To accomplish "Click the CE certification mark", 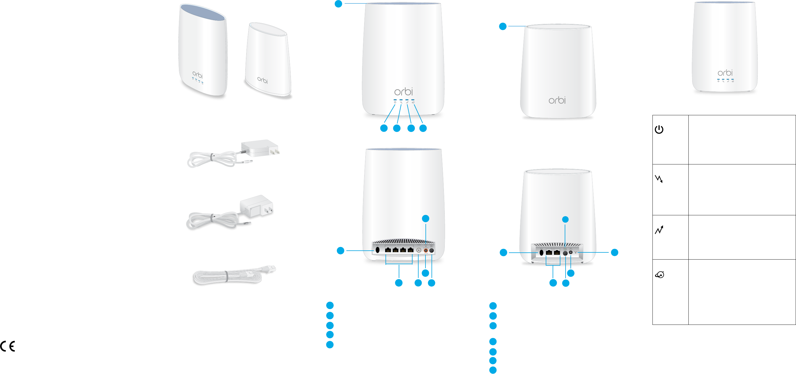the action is tap(8, 346).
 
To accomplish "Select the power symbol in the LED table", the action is tap(659, 129).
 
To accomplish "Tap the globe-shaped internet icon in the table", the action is tap(659, 275).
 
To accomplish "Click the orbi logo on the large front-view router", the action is tap(403, 92).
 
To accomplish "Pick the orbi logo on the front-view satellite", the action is tap(557, 100).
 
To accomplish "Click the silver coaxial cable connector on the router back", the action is tap(419, 250).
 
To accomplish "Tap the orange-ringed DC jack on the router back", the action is tap(425, 250).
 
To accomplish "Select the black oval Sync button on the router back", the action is tap(377, 250).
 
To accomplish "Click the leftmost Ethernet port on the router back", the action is tap(388, 250).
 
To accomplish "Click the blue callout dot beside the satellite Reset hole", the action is tap(614, 252).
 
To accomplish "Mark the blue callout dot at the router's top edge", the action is tap(338, 4).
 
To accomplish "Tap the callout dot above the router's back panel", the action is tap(425, 218).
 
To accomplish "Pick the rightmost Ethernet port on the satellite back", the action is tap(557, 253).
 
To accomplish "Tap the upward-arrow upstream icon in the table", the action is tap(659, 230).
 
